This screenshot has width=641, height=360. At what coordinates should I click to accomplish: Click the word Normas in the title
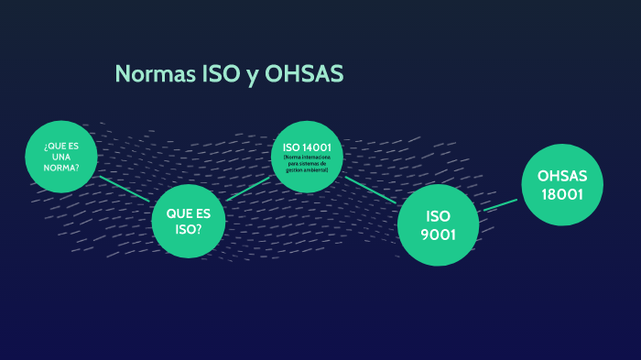pyautogui.click(x=155, y=74)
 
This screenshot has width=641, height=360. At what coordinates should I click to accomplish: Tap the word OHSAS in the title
pyautogui.click(x=303, y=74)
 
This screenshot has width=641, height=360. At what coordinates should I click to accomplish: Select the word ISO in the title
pyautogui.click(x=221, y=74)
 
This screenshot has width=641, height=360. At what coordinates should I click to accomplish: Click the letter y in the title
pyautogui.click(x=252, y=76)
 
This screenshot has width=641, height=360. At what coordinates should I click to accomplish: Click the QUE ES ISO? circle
pyautogui.click(x=188, y=221)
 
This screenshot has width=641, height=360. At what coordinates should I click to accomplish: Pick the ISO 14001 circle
pyautogui.click(x=307, y=156)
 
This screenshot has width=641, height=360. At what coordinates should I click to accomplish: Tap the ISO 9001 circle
pyautogui.click(x=439, y=225)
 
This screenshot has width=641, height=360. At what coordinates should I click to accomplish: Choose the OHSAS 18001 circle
pyautogui.click(x=562, y=185)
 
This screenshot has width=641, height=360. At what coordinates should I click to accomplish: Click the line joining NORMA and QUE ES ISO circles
pyautogui.click(x=125, y=189)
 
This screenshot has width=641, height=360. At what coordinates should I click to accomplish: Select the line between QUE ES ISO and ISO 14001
pyautogui.click(x=248, y=189)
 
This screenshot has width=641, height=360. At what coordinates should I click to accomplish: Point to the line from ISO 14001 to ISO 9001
pyautogui.click(x=370, y=190)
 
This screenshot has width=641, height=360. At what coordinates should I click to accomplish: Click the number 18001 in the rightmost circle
pyautogui.click(x=562, y=194)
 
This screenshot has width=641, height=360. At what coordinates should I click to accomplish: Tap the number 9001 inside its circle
pyautogui.click(x=439, y=234)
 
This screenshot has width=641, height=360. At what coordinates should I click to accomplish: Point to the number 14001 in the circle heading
pyautogui.click(x=318, y=147)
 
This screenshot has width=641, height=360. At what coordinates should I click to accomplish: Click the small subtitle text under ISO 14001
pyautogui.click(x=307, y=164)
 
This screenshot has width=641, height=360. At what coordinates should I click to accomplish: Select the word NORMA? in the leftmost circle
pyautogui.click(x=60, y=167)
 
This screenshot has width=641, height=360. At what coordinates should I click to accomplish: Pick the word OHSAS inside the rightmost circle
pyautogui.click(x=562, y=175)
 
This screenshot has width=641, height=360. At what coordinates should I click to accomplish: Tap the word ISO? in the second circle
pyautogui.click(x=188, y=228)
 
